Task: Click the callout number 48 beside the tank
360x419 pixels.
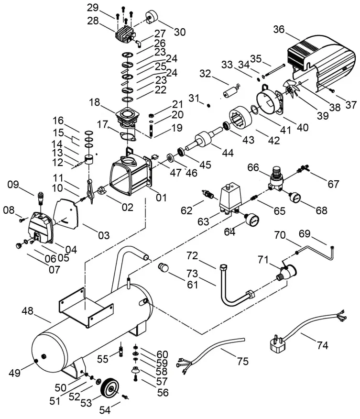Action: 28,311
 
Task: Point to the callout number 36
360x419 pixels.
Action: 279,30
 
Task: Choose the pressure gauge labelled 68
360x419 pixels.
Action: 292,198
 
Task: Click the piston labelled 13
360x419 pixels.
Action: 88,160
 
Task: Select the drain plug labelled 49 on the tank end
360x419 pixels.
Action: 37,359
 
